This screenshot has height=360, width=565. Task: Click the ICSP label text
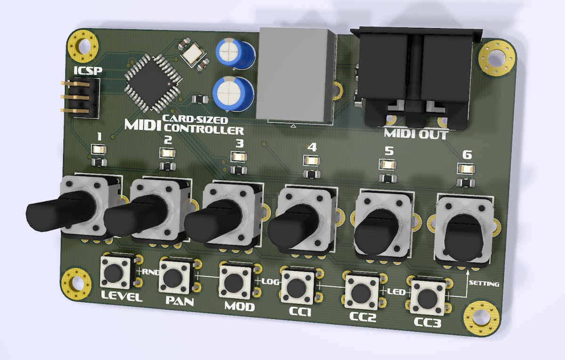(x=88, y=71)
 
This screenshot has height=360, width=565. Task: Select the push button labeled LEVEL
(x=115, y=272)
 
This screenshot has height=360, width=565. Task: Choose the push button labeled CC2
(x=362, y=292)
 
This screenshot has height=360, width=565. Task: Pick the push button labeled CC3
(x=428, y=298)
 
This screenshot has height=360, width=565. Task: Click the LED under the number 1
(x=98, y=149)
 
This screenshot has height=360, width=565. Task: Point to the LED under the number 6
(x=466, y=169)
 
